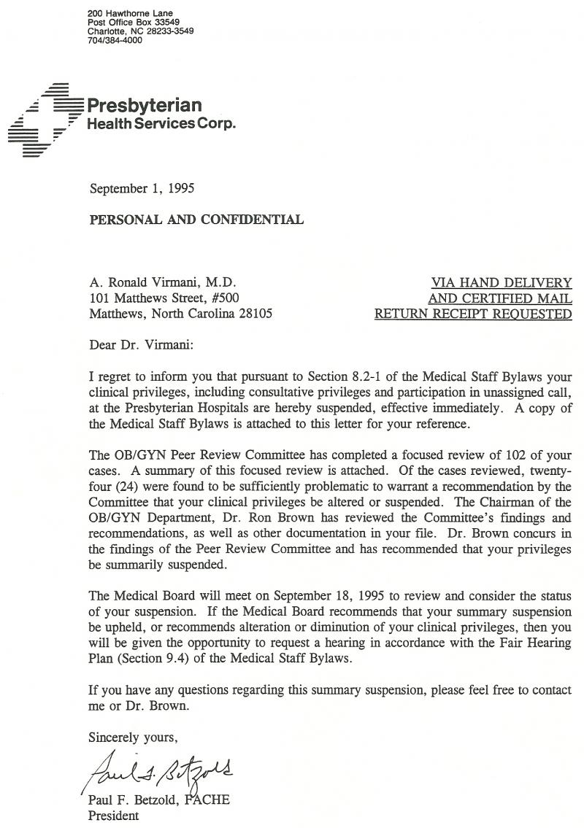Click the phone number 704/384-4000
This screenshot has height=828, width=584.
coord(115,41)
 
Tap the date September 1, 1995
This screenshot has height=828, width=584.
coord(142,189)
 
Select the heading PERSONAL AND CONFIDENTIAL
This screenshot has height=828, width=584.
coord(196,220)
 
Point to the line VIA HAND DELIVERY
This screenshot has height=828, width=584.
coord(502,282)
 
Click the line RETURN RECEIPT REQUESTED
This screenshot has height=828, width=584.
coord(473,314)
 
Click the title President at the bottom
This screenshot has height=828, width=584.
coord(113,816)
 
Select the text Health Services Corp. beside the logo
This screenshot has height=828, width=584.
coord(161,124)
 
